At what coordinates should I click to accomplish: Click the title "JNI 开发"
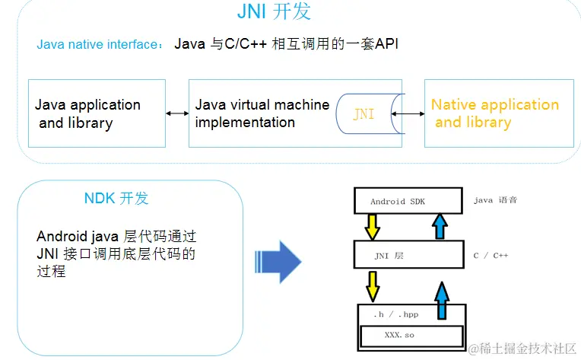274,12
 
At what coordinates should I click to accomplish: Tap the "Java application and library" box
97,113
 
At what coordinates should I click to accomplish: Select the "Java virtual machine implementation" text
262,113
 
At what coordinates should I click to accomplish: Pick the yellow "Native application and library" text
494,113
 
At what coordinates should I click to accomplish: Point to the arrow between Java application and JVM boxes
177,113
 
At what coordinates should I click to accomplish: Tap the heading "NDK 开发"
116,199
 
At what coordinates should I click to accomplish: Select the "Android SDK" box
408,201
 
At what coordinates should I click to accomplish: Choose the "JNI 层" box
408,255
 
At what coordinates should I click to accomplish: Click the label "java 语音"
494,200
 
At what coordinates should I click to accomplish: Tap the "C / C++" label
491,256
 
